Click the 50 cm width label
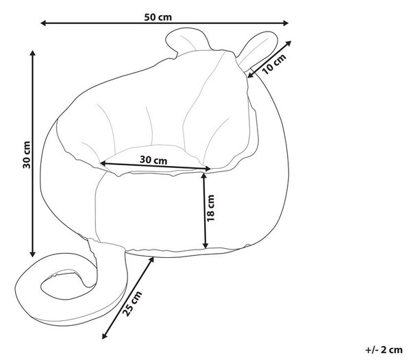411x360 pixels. (x=158, y=17)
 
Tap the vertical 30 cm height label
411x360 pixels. (x=27, y=155)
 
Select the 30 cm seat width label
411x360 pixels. (x=153, y=160)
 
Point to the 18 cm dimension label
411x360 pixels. (x=210, y=208)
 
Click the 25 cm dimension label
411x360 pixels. (x=132, y=304)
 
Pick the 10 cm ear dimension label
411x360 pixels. (x=274, y=64)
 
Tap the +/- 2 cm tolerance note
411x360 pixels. (x=384, y=350)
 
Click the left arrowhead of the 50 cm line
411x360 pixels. (x=44, y=23)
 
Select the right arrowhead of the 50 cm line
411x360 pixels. (x=286, y=23)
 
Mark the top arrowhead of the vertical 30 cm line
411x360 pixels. (x=32, y=53)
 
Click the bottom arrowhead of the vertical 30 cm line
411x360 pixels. (x=32, y=254)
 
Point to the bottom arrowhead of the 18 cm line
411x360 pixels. (x=206, y=245)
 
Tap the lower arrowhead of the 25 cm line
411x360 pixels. (x=105, y=336)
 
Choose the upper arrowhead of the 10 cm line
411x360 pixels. (x=288, y=43)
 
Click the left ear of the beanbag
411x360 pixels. (x=186, y=40)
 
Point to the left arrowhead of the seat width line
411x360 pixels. (x=103, y=163)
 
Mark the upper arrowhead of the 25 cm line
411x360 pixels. (x=151, y=260)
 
